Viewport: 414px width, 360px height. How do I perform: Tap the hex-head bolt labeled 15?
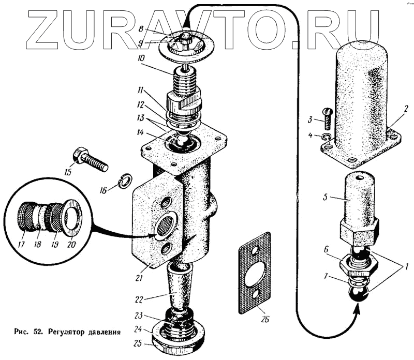point(91,159)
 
